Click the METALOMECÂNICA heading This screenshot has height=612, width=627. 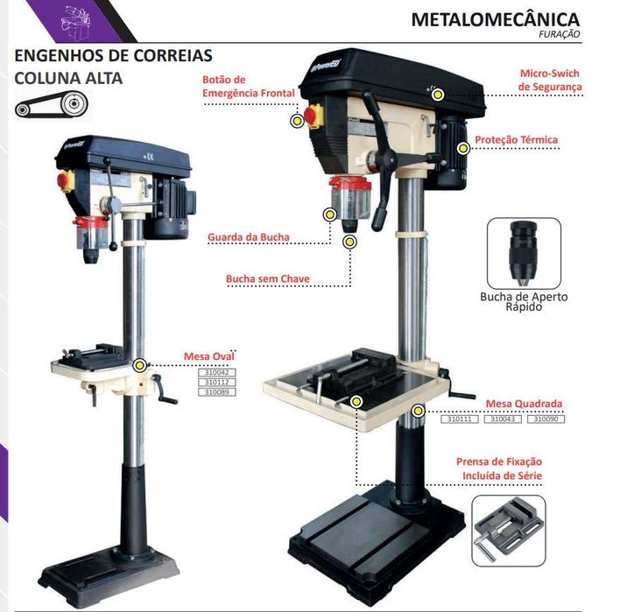click(495, 18)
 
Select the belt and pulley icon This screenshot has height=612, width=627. click(52, 105)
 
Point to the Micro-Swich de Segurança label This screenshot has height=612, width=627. click(550, 81)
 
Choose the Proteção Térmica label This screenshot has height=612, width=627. click(517, 139)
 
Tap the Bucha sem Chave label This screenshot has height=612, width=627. click(267, 279)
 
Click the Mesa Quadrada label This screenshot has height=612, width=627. click(525, 404)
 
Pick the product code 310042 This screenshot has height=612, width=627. click(220, 372)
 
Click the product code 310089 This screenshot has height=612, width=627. click(220, 393)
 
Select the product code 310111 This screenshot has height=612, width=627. click(460, 419)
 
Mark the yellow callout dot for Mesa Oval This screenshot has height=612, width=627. click(139, 364)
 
